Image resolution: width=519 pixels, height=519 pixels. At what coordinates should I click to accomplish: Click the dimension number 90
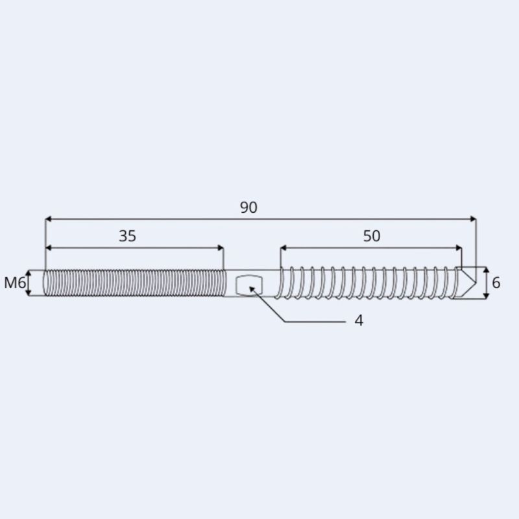pyautogui.click(x=248, y=208)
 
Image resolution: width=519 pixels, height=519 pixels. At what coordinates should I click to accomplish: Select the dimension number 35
pyautogui.click(x=127, y=236)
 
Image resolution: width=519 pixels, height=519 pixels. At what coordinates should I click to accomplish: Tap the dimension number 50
pyautogui.click(x=371, y=236)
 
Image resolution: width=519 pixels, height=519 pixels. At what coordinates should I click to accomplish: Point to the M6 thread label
pyautogui.click(x=14, y=283)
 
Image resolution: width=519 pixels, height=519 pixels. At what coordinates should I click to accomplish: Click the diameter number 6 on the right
pyautogui.click(x=496, y=283)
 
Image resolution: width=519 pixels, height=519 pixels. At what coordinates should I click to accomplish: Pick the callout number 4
pyautogui.click(x=359, y=320)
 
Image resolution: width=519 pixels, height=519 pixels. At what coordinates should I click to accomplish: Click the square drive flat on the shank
pyautogui.click(x=249, y=284)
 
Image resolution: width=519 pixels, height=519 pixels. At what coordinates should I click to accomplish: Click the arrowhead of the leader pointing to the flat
pyautogui.click(x=252, y=288)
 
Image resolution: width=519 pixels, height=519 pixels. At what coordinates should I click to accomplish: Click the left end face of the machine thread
pyautogui.click(x=45, y=283)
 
